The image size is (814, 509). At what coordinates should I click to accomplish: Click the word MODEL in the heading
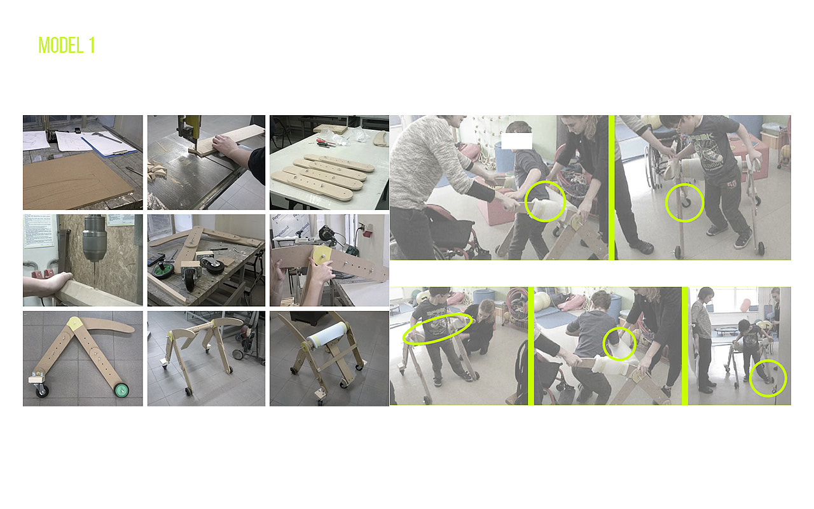click(61, 45)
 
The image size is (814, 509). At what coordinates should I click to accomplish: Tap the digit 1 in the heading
click(92, 45)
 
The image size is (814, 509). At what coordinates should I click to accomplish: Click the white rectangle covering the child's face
click(516, 141)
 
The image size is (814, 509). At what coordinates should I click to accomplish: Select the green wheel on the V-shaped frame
click(121, 391)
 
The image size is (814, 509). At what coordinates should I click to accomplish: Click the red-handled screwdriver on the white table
click(324, 141)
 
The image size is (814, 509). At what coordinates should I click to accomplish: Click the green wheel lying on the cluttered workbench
click(160, 271)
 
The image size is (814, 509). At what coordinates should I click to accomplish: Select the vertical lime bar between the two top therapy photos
click(612, 188)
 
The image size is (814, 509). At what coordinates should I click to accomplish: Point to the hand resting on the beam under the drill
click(51, 284)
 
